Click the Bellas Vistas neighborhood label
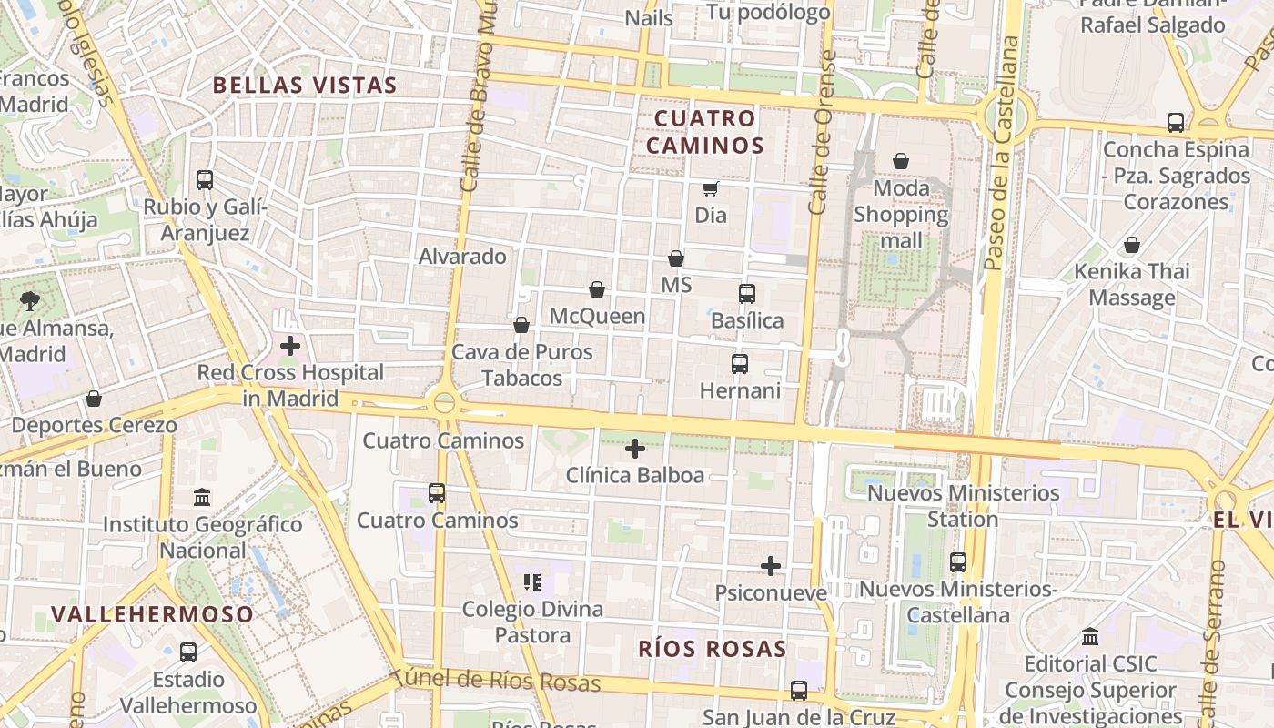(x=305, y=86)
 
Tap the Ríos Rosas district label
(x=712, y=649)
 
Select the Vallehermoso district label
(x=152, y=613)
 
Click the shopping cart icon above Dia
(x=710, y=188)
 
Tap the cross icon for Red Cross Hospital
(x=290, y=346)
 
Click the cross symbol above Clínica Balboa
(x=635, y=449)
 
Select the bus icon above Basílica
(x=747, y=294)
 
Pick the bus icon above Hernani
(x=740, y=364)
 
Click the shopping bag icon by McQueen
(x=597, y=289)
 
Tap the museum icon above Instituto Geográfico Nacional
(x=202, y=498)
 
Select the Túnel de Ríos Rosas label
(x=497, y=680)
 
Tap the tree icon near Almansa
(x=30, y=301)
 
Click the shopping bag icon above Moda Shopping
(x=901, y=161)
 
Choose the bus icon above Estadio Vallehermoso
(x=188, y=652)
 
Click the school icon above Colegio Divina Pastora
(x=532, y=581)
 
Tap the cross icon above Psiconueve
(x=771, y=566)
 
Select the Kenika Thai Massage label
(x=1132, y=284)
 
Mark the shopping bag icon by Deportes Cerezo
(x=94, y=399)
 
